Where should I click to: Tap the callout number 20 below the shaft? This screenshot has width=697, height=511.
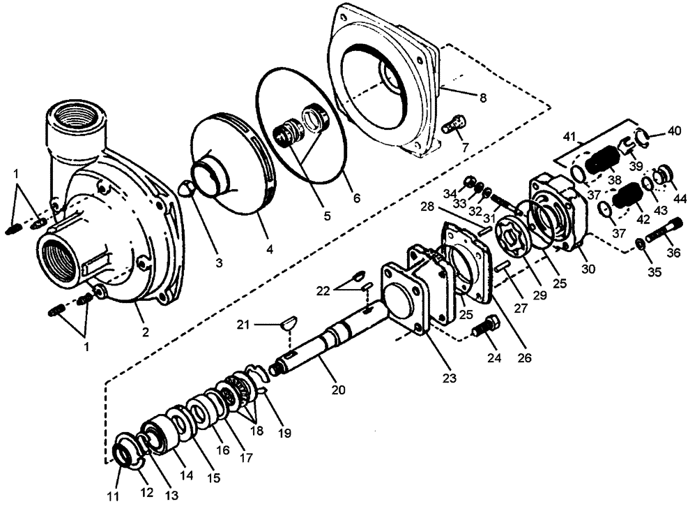pyautogui.click(x=338, y=390)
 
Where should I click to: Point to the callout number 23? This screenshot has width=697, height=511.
pyautogui.click(x=450, y=378)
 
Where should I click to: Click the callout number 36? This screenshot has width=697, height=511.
pyautogui.click(x=675, y=253)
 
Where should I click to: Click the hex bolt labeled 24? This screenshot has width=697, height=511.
pyautogui.click(x=484, y=326)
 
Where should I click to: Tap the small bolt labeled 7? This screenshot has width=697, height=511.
pyautogui.click(x=453, y=126)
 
